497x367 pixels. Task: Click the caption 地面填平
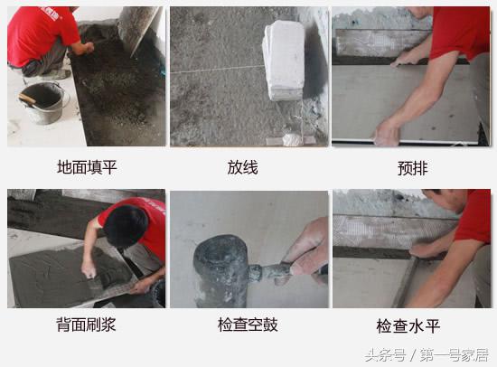coord(86,166)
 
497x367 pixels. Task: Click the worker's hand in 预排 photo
coord(387,133)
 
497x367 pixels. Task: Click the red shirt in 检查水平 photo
coord(474,217)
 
